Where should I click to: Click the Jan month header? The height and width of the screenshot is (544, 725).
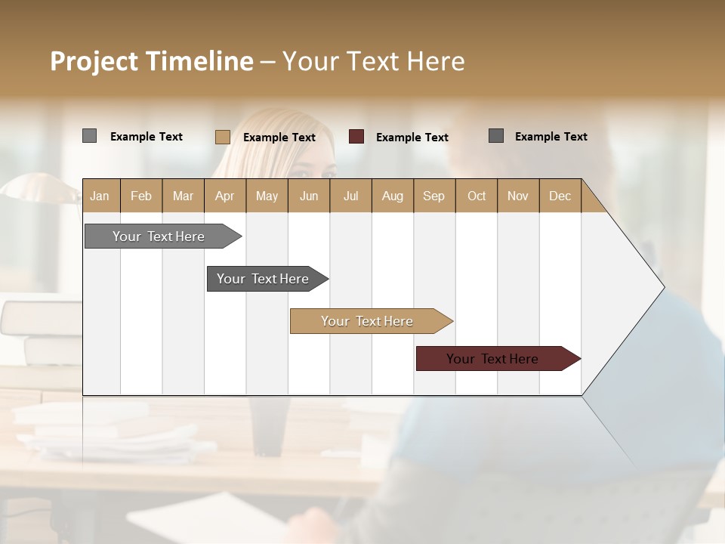coord(100,196)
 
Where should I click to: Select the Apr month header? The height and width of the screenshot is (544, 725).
coord(225,196)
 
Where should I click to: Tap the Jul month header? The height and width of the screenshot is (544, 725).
coord(350,196)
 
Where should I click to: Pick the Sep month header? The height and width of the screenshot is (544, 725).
coord(433,196)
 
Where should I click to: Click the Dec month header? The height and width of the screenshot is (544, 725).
coord(560,196)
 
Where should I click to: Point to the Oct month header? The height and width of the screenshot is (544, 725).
coord(476,196)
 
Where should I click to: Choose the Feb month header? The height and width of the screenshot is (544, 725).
coord(141,196)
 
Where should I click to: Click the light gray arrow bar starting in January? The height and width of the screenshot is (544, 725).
coord(159,236)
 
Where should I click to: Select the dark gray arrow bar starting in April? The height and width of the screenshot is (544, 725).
coord(263,279)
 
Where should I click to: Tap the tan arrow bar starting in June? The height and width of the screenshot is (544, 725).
coord(367,321)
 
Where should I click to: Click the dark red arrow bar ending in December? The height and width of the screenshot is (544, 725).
coord(492,359)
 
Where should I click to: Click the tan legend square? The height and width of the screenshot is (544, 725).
coord(222,137)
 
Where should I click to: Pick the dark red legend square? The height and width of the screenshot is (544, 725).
coord(356,137)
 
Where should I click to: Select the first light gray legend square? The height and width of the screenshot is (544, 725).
coord(89,136)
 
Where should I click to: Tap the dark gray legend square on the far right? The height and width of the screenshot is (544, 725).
coord(496,136)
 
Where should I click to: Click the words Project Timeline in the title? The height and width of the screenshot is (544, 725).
coord(151,61)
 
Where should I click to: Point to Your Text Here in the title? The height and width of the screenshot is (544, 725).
coord(374,61)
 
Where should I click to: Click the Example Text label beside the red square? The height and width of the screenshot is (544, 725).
coord(412,138)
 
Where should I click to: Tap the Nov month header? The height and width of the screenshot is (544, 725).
coord(518,196)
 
